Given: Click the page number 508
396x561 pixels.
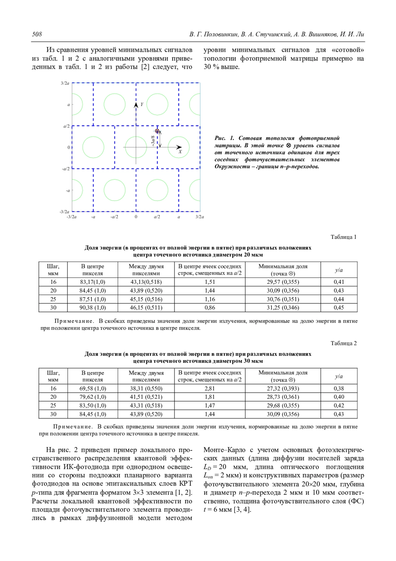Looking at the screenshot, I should click(37, 34).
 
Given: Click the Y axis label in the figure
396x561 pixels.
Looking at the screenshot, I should click(142, 104).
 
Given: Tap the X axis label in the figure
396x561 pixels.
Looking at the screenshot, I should click(180, 152).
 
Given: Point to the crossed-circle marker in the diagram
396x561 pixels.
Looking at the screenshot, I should click(157, 131).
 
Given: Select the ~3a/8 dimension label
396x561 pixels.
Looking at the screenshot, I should click(153, 141).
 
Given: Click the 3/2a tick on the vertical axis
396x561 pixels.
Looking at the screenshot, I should click(65, 83).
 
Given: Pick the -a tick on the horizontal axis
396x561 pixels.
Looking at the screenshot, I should click(93, 217).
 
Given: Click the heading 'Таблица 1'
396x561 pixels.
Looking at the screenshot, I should click(344, 237).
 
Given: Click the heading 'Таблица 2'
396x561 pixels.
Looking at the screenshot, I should click(344, 343).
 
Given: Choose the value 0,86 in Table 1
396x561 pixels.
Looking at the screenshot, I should click(210, 308).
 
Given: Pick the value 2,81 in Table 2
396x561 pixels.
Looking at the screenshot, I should click(210, 389).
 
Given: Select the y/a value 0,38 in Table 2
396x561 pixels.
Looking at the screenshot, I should click(339, 389).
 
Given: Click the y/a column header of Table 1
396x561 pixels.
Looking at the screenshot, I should click(339, 270).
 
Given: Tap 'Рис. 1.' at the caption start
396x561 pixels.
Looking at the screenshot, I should click(224, 138).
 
